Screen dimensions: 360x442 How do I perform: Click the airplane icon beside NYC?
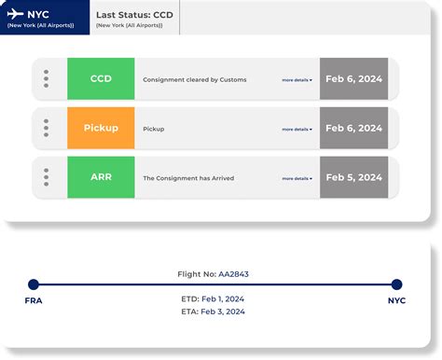[15, 16]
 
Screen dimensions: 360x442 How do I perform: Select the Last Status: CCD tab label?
[134, 16]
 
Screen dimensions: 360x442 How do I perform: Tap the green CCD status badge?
[101, 79]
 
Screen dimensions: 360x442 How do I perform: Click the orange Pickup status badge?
[101, 128]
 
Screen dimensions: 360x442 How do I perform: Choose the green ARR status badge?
[101, 177]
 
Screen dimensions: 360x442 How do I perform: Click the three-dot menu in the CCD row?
[46, 79]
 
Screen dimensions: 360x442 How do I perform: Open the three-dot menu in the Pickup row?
[46, 129]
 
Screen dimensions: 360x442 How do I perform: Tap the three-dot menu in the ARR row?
[46, 177]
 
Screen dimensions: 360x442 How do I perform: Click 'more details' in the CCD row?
[297, 80]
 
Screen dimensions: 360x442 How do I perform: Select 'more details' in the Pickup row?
[297, 130]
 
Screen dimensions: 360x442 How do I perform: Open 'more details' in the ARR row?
[297, 178]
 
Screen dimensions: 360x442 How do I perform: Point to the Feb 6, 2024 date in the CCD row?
[353, 79]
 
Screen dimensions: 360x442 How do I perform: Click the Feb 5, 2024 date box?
[353, 177]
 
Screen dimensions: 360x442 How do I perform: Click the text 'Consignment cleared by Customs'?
[195, 80]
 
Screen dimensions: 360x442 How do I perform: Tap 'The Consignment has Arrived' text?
[188, 178]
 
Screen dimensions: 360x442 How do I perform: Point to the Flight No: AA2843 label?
[213, 274]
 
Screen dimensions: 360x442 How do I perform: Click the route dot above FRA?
[34, 284]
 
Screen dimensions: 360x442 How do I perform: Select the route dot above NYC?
[396, 284]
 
